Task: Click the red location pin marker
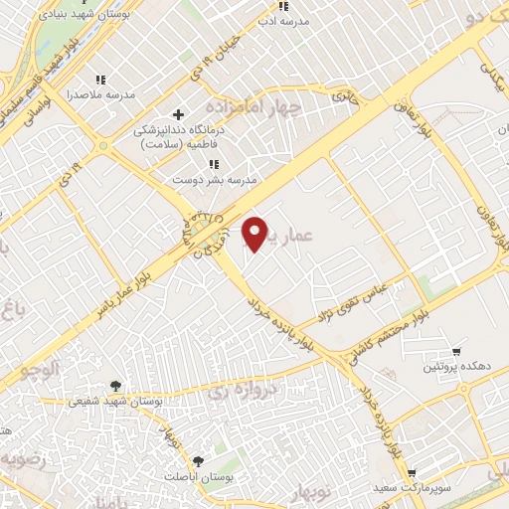click(256, 233)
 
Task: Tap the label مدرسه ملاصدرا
click(99, 95)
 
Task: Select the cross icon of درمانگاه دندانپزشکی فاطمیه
click(179, 114)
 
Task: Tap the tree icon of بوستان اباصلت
click(198, 462)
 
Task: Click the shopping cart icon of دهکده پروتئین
click(456, 351)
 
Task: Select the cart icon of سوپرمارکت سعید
click(412, 474)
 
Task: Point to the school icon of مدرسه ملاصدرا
click(99, 80)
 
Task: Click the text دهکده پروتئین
click(456, 366)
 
